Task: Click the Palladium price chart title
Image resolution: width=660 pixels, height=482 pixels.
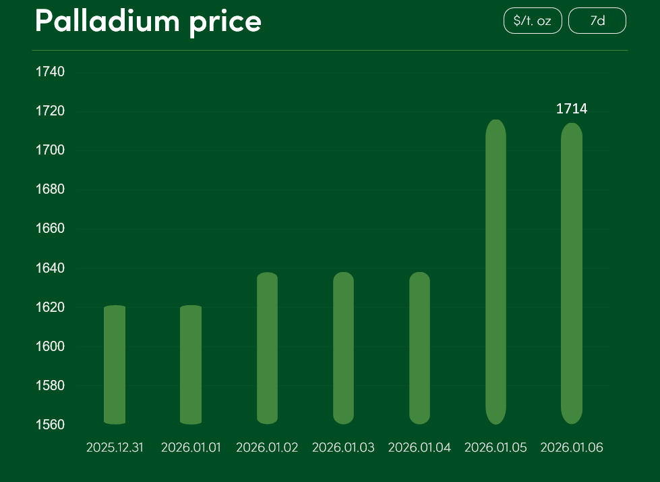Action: point(148,22)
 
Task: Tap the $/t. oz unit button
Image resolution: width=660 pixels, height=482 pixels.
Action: point(533,21)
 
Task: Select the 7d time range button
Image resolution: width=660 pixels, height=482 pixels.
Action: point(597,21)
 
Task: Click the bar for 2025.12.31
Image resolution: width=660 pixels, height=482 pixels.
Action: point(115,365)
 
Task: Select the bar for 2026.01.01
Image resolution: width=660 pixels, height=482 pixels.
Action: point(191,365)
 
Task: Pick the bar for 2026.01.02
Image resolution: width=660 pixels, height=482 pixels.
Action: point(267,348)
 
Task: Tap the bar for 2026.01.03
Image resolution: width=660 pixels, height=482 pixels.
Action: point(343,348)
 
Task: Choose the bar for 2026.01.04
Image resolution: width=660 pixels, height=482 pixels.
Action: point(419,348)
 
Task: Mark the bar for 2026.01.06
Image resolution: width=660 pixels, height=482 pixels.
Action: point(572,273)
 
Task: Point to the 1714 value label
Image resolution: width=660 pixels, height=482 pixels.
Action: point(572,109)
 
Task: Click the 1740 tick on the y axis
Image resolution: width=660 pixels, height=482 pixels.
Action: point(50,72)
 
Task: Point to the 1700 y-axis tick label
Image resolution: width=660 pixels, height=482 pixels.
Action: point(50,150)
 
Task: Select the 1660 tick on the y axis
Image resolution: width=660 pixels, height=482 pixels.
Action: point(50,229)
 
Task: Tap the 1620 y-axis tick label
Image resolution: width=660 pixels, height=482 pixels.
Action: point(50,308)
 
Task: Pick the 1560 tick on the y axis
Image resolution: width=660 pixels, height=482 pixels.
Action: point(50,425)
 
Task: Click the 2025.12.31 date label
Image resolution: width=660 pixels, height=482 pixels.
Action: point(115,448)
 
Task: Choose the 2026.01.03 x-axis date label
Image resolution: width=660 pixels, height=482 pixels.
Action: point(343,448)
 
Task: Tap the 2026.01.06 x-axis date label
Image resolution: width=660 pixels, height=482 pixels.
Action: point(572,448)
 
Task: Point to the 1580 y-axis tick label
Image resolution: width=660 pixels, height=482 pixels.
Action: point(50,386)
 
